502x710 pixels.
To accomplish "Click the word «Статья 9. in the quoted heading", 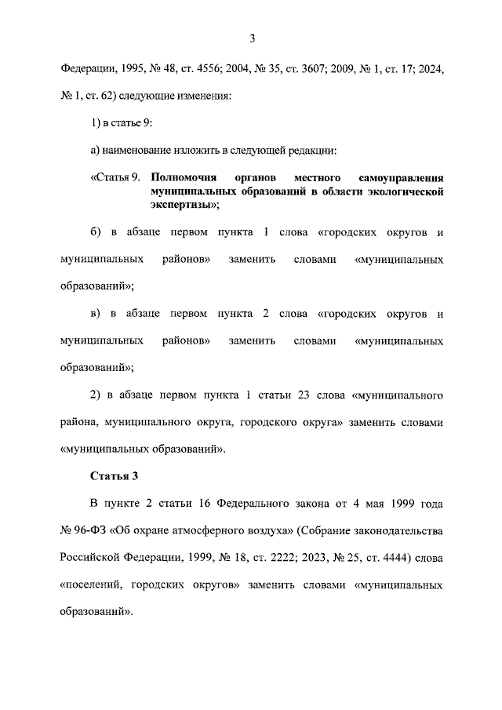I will coord(115,177).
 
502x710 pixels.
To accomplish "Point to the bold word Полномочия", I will coord(183,177).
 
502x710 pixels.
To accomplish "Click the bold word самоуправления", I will coord(399,177).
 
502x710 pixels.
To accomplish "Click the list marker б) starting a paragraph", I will coord(96,233).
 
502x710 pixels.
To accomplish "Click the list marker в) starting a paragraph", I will coord(96,314).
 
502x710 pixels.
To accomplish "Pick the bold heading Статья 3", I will coord(115,475).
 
